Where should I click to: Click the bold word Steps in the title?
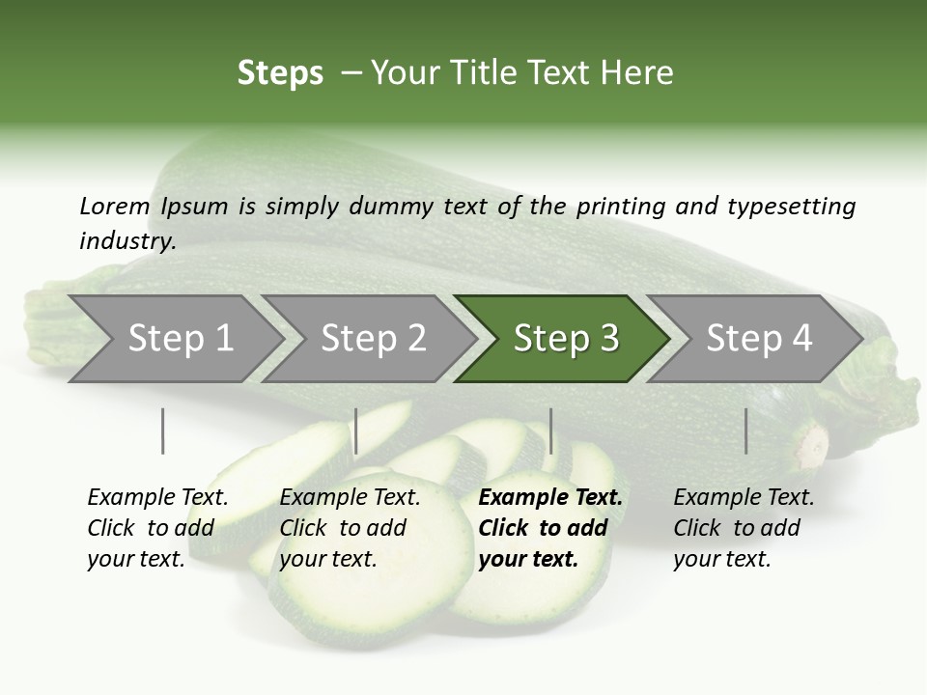point(280,73)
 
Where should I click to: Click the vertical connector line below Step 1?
point(162,431)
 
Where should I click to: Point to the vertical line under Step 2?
point(356,431)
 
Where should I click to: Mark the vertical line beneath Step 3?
point(550,431)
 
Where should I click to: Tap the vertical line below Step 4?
point(745,431)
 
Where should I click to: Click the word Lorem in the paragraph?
point(115,206)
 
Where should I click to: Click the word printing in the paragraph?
point(618,206)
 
